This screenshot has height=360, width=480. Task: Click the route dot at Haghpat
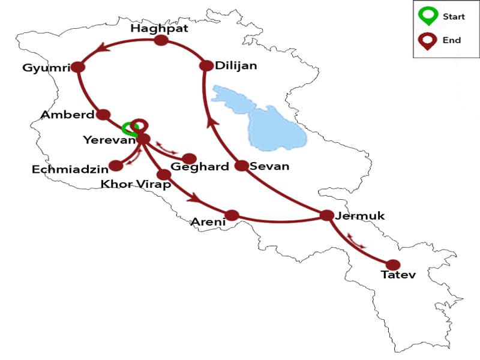coord(161,41)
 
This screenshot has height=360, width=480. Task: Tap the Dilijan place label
coord(236,66)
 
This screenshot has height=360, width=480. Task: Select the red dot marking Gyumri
coord(77,67)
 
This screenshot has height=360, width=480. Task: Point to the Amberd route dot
coord(103,114)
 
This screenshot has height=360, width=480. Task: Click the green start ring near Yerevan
coord(128,128)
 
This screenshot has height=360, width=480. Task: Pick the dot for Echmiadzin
coord(116,165)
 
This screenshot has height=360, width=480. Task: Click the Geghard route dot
coord(190,158)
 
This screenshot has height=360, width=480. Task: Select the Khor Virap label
coord(136,185)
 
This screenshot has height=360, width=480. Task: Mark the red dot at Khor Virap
coord(163,174)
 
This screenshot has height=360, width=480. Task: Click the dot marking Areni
coord(232,215)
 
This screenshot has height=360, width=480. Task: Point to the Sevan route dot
coord(241,166)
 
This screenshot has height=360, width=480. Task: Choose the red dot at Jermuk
coord(326,215)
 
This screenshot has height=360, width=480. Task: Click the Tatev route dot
coord(393,265)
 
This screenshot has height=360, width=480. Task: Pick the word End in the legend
coord(452,40)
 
